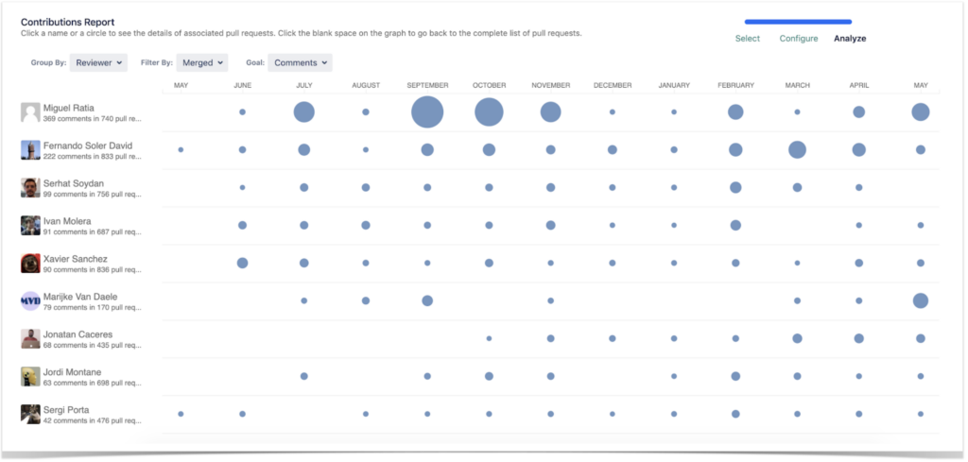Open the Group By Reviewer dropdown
click(x=98, y=63)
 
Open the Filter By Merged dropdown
click(x=202, y=63)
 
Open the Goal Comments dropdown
click(x=300, y=63)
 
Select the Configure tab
click(x=799, y=39)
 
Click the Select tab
click(x=747, y=39)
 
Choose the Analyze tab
click(x=850, y=39)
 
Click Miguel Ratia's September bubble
click(x=427, y=112)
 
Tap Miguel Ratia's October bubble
click(x=489, y=112)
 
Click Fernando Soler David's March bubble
click(x=797, y=149)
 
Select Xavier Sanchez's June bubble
click(x=242, y=263)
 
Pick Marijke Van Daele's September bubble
click(x=427, y=300)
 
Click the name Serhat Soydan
click(x=74, y=182)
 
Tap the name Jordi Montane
click(x=72, y=371)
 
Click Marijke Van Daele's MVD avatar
click(x=30, y=300)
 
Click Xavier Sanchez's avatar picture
click(x=30, y=263)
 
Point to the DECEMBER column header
click(x=613, y=86)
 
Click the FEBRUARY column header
click(x=735, y=86)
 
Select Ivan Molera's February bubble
click(x=735, y=225)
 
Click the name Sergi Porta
click(x=67, y=409)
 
